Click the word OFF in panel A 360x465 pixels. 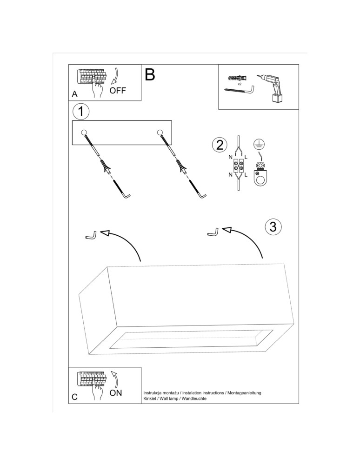pos(118,90)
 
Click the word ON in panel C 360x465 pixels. pos(115,393)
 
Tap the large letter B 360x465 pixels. pos(149,74)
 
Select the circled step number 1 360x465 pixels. pos(81,112)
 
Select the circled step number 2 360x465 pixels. pos(219,145)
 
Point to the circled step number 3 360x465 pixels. pos(273,226)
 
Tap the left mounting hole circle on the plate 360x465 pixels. pos(84,133)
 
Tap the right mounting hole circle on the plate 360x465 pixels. pos(160,133)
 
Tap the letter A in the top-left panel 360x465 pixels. pos(75,94)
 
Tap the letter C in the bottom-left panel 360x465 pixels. pos(75,398)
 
